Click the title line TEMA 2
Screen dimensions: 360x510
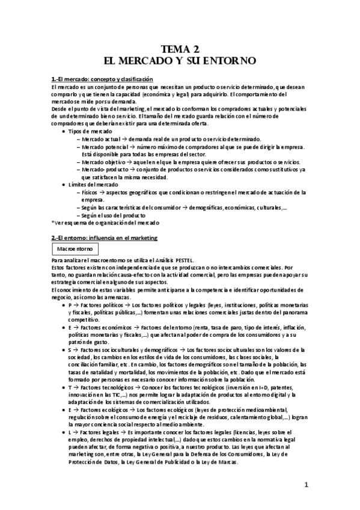pos(180,50)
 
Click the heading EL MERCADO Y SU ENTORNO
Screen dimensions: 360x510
pos(180,61)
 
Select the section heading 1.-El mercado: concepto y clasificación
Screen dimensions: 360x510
pos(102,80)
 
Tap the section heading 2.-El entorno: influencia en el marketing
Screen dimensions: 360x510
pos(105,239)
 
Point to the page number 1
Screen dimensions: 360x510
pos(306,484)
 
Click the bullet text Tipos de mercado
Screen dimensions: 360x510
pos(91,131)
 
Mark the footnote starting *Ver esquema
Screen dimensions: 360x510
pos(103,223)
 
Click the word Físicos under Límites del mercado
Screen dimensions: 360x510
pos(91,192)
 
